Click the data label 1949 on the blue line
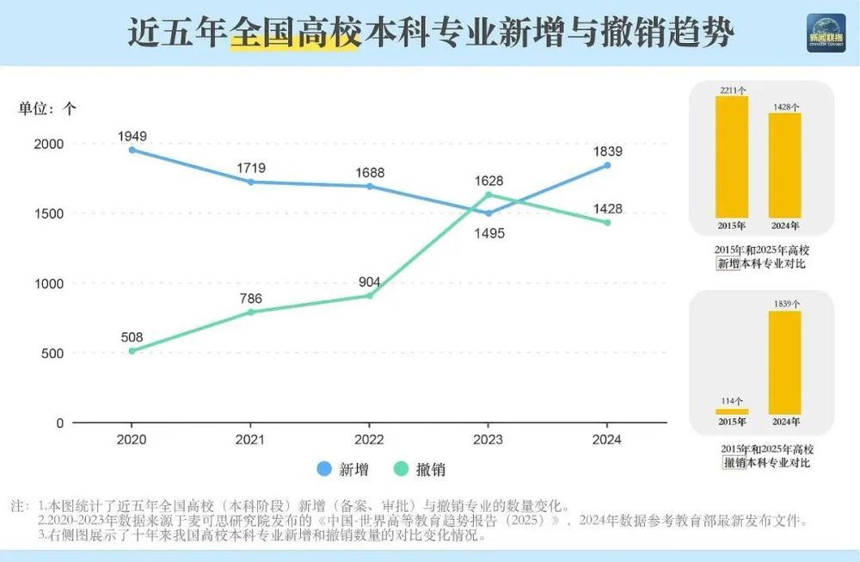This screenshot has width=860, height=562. (132, 136)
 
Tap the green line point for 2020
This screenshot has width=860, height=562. (132, 351)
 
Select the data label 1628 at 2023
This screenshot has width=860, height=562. (488, 181)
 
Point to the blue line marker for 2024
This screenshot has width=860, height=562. (607, 165)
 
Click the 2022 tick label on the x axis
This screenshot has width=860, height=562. (369, 439)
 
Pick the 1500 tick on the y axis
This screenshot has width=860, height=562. (47, 213)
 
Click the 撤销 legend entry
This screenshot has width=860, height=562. (421, 469)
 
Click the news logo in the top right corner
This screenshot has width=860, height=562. (826, 34)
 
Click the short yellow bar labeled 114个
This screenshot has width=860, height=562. (732, 411)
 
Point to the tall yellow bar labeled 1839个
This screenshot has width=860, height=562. (784, 361)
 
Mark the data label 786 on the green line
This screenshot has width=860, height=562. (250, 299)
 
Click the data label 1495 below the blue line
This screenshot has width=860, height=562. (488, 233)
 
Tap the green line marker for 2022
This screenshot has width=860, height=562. (369, 295)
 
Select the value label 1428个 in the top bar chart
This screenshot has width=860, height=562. (784, 107)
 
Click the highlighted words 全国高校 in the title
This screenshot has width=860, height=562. (294, 34)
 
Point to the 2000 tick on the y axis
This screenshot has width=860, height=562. (47, 144)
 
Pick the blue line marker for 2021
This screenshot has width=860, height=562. (250, 182)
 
